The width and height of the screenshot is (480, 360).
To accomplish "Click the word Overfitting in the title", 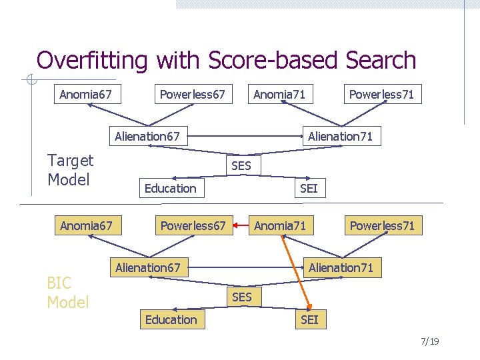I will point(93,61).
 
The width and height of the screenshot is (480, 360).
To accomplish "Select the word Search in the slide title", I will point(381,61).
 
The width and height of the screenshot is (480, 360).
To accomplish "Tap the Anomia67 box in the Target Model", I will point(85,95).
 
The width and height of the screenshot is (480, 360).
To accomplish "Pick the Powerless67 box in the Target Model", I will point(193,95).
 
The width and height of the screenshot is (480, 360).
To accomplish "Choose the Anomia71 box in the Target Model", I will point(279,95).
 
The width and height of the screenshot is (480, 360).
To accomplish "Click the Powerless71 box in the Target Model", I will point(381,95).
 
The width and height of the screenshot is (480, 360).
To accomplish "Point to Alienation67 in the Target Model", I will point(147,137).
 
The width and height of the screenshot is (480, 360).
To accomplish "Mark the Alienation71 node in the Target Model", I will point(340,137).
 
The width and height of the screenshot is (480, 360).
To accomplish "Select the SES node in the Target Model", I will point(241,165).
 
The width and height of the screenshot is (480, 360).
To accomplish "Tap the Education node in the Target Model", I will point(171,188).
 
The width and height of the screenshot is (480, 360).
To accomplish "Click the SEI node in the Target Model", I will point(309,188).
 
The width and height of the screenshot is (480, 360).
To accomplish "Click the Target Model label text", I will point(70,170).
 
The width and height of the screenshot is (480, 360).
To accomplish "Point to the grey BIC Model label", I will point(67,293).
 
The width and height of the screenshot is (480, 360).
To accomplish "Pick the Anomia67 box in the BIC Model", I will point(86,226).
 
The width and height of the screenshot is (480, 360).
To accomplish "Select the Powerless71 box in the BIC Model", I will point(382,226).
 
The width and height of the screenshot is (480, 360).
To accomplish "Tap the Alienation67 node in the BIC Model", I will point(147,268).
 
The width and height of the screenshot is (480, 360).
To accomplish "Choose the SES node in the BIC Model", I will point(241,297).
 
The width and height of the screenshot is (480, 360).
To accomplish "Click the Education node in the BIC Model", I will point(171,319).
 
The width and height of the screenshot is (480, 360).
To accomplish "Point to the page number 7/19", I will point(430,342).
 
